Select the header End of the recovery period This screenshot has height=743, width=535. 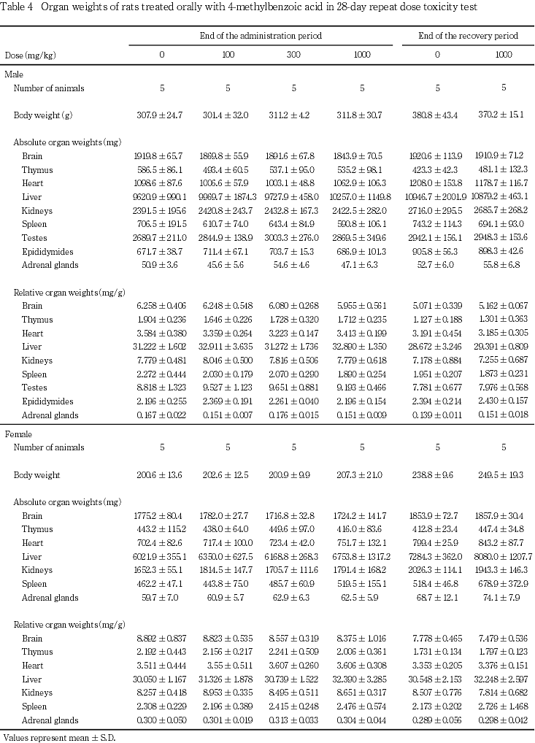(468, 35)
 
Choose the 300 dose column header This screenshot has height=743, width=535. (294, 55)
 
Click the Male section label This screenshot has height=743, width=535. (13, 74)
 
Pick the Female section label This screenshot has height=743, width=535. (18, 434)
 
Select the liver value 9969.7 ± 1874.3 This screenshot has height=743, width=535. (228, 196)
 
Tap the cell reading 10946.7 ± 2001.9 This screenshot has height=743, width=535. (437, 196)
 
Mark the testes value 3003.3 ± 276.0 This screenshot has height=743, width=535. (294, 237)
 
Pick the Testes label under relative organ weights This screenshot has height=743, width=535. (34, 388)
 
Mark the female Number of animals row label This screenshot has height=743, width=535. (49, 447)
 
